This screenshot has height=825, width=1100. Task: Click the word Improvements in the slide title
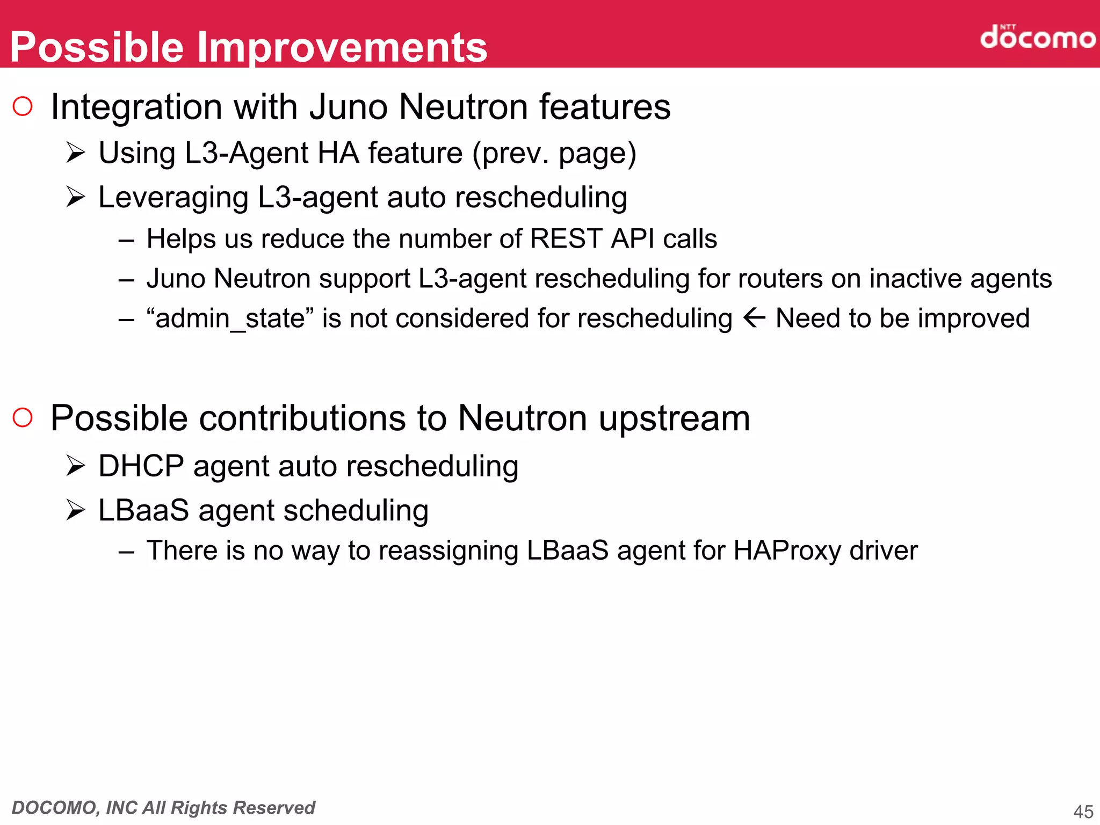click(x=342, y=47)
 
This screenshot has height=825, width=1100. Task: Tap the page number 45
click(x=1083, y=811)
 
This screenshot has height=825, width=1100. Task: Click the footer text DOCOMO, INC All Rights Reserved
click(x=163, y=807)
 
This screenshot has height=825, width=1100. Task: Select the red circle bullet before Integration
click(x=23, y=106)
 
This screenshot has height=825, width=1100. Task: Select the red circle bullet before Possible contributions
click(x=23, y=417)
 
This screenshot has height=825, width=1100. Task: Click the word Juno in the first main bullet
click(x=348, y=107)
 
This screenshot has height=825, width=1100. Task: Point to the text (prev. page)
click(x=554, y=154)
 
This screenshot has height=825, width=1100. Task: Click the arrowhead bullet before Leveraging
click(x=76, y=197)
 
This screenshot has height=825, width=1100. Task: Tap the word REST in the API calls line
click(x=566, y=238)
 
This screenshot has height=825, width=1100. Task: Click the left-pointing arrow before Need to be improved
click(x=754, y=318)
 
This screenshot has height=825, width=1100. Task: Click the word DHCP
click(x=141, y=466)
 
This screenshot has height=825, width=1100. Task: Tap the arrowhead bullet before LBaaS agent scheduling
click(x=76, y=510)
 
